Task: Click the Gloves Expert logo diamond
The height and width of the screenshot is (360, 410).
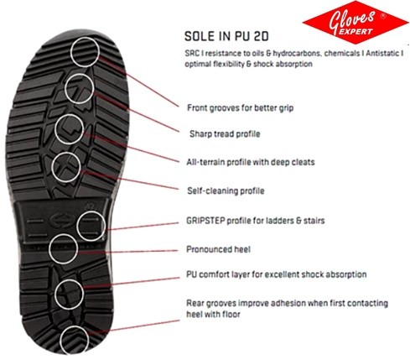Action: click(355, 23)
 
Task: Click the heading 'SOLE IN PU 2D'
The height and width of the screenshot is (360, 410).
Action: click(226, 36)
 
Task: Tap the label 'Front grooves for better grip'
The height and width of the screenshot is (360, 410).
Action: click(240, 107)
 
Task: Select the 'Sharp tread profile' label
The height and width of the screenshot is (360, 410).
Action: click(225, 133)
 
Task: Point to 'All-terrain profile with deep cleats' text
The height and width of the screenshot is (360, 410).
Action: click(251, 162)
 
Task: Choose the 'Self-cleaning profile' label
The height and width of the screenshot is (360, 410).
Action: click(226, 190)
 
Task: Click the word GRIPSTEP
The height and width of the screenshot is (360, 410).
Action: click(205, 221)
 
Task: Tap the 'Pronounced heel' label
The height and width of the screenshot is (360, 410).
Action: click(218, 249)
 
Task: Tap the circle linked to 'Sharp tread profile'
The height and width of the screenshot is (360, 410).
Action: click(80, 74)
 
